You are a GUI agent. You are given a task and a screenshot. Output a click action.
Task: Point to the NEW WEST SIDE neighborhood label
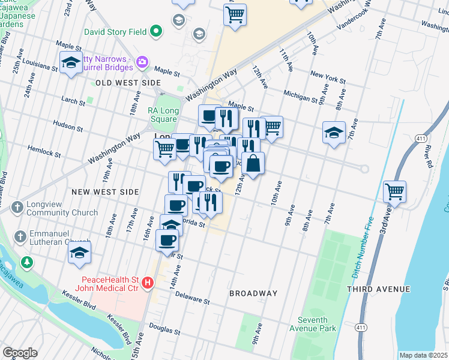coord(105,192)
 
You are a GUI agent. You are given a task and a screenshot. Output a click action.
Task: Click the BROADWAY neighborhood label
coord(253,293)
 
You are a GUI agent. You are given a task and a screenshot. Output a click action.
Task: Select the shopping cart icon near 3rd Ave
coord(395,192)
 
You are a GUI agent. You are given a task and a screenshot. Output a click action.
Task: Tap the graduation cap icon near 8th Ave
coord(334,133)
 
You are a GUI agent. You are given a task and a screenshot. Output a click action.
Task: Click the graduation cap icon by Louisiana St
coord(71,64)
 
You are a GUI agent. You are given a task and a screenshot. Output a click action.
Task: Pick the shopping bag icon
coord(253,164)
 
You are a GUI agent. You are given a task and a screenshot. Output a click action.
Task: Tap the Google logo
coord(20,353)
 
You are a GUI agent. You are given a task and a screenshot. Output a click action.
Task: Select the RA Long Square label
coord(163,115)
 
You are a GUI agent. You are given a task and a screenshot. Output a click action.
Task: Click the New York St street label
coord(328,77)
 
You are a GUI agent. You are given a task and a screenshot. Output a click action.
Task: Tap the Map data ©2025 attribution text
coord(423,355)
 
